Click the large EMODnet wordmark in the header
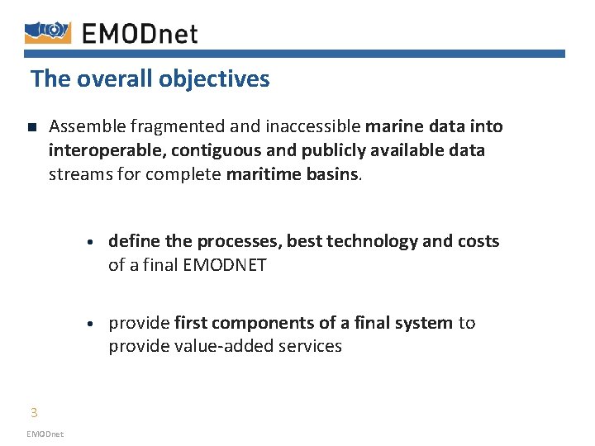[x=140, y=33]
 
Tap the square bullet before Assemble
[x=31, y=128]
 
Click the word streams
[x=79, y=174]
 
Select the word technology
[x=372, y=241]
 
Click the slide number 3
[x=34, y=413]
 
